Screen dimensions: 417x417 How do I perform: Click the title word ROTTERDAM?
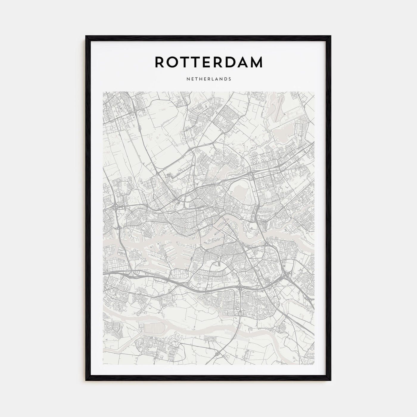[208, 62]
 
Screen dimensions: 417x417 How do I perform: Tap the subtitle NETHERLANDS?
[208, 79]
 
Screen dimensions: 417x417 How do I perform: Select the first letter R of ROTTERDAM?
[160, 62]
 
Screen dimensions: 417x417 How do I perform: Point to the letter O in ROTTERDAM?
[173, 62]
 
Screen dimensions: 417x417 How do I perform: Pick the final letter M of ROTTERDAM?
[256, 62]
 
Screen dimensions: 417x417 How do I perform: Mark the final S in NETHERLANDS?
[230, 79]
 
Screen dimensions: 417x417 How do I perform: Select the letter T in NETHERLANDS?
[195, 79]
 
